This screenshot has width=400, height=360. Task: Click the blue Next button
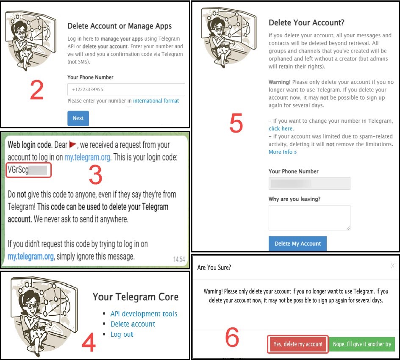pyautogui.click(x=78, y=118)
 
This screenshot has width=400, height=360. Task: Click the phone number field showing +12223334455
pyautogui.click(x=126, y=89)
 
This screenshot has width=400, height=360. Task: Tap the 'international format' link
pyautogui.click(x=156, y=101)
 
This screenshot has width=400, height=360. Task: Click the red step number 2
pyautogui.click(x=37, y=90)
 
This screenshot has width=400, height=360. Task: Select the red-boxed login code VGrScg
pyautogui.click(x=28, y=170)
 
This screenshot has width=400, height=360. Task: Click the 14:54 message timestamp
pyautogui.click(x=179, y=259)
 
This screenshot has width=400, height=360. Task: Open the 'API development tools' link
pyautogui.click(x=144, y=313)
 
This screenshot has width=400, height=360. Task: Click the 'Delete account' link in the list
pyautogui.click(x=133, y=324)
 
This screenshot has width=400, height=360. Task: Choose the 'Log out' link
pyautogui.click(x=122, y=334)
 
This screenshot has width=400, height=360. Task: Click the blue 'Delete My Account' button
pyautogui.click(x=297, y=244)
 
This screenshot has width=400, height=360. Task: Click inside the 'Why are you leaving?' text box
pyautogui.click(x=309, y=217)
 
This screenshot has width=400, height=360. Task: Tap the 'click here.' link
pyautogui.click(x=281, y=128)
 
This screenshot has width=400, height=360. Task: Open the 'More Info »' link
pyautogui.click(x=283, y=152)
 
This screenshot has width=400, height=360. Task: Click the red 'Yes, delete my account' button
pyautogui.click(x=298, y=344)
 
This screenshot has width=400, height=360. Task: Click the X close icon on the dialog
pyautogui.click(x=393, y=266)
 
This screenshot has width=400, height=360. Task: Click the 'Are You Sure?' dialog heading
pyautogui.click(x=214, y=267)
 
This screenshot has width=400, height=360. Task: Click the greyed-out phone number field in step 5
pyautogui.click(x=309, y=183)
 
